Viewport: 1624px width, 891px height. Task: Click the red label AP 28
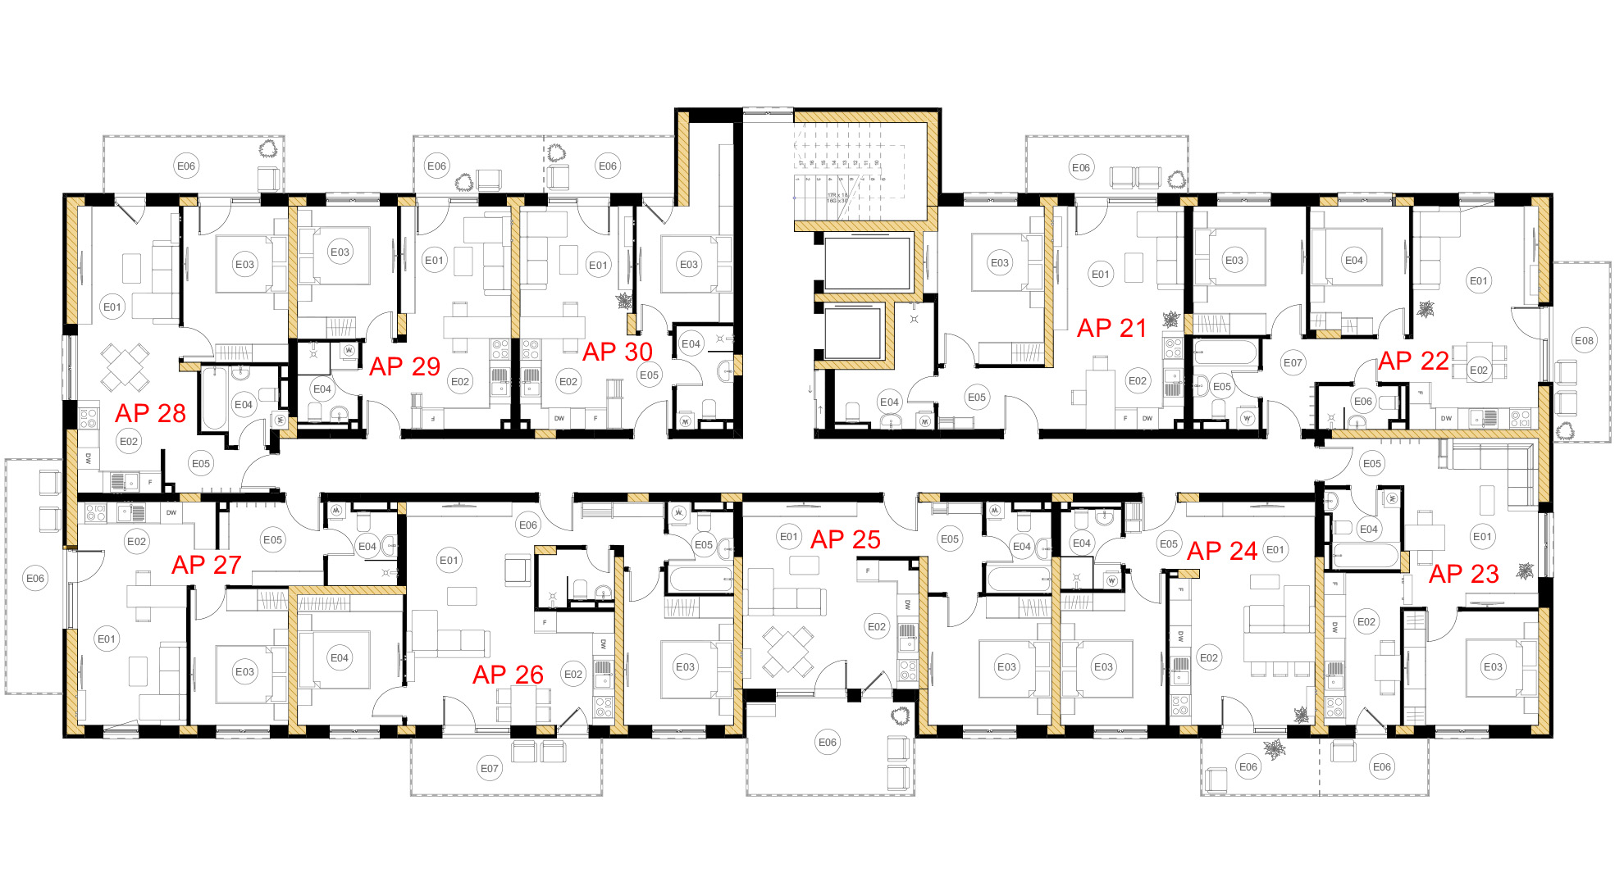(x=150, y=413)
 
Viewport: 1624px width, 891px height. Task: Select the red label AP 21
(x=1111, y=329)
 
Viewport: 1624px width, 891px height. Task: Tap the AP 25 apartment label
(x=845, y=540)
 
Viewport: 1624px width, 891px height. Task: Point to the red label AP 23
(x=1463, y=575)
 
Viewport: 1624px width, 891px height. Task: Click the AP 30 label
(x=617, y=352)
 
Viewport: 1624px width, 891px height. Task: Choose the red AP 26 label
(x=508, y=675)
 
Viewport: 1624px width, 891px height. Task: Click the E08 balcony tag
(x=1584, y=341)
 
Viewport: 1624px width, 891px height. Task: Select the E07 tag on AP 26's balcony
(x=490, y=769)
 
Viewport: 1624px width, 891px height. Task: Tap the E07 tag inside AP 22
(x=1293, y=363)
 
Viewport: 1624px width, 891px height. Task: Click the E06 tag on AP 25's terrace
(x=827, y=743)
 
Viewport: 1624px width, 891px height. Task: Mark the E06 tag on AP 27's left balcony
(x=35, y=579)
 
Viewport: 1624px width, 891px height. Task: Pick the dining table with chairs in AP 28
(x=125, y=366)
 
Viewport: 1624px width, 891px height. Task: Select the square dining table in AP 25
(x=787, y=650)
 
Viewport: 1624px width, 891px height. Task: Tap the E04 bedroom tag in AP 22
(x=1353, y=261)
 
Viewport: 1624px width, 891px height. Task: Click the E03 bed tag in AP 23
(x=1493, y=667)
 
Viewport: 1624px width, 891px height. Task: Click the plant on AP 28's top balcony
(x=267, y=149)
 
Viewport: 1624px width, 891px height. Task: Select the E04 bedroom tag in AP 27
(x=339, y=658)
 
